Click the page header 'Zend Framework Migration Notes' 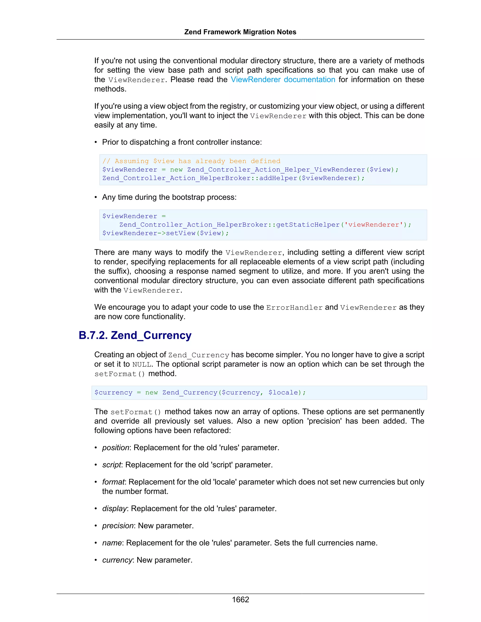[x=240, y=32]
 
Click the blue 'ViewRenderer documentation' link [x=283, y=80]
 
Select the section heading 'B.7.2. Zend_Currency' [x=135, y=335]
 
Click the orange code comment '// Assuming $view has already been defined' [x=191, y=161]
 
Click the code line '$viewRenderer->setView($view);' [x=165, y=233]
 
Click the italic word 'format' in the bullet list [x=113, y=482]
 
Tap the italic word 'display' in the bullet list [x=114, y=509]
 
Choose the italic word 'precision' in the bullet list [x=118, y=526]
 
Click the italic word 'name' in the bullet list [x=112, y=543]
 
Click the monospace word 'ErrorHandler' [x=294, y=307]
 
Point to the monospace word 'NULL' [x=142, y=365]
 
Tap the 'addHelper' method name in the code [x=278, y=178]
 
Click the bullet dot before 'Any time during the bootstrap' [x=96, y=197]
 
